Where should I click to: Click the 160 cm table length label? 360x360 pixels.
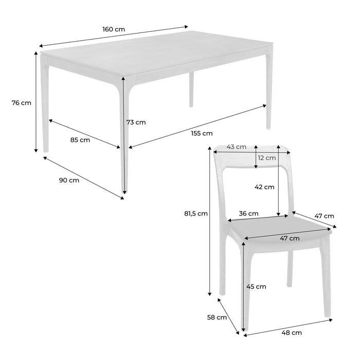pyautogui.click(x=113, y=29)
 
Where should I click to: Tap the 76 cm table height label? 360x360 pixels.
pyautogui.click(x=21, y=103)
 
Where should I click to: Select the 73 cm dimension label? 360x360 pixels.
pyautogui.click(x=136, y=122)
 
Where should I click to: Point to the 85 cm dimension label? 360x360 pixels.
pyautogui.click(x=80, y=139)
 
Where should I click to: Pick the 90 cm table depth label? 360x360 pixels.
pyautogui.click(x=69, y=180)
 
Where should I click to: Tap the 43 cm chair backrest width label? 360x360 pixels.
pyautogui.click(x=237, y=147)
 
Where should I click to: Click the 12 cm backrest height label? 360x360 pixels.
pyautogui.click(x=267, y=158)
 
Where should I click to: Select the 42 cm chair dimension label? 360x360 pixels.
pyautogui.click(x=265, y=187)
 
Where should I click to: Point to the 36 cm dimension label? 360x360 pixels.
pyautogui.click(x=248, y=213)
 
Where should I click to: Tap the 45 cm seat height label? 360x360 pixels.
pyautogui.click(x=256, y=286)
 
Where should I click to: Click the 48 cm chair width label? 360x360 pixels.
pyautogui.click(x=292, y=333)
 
